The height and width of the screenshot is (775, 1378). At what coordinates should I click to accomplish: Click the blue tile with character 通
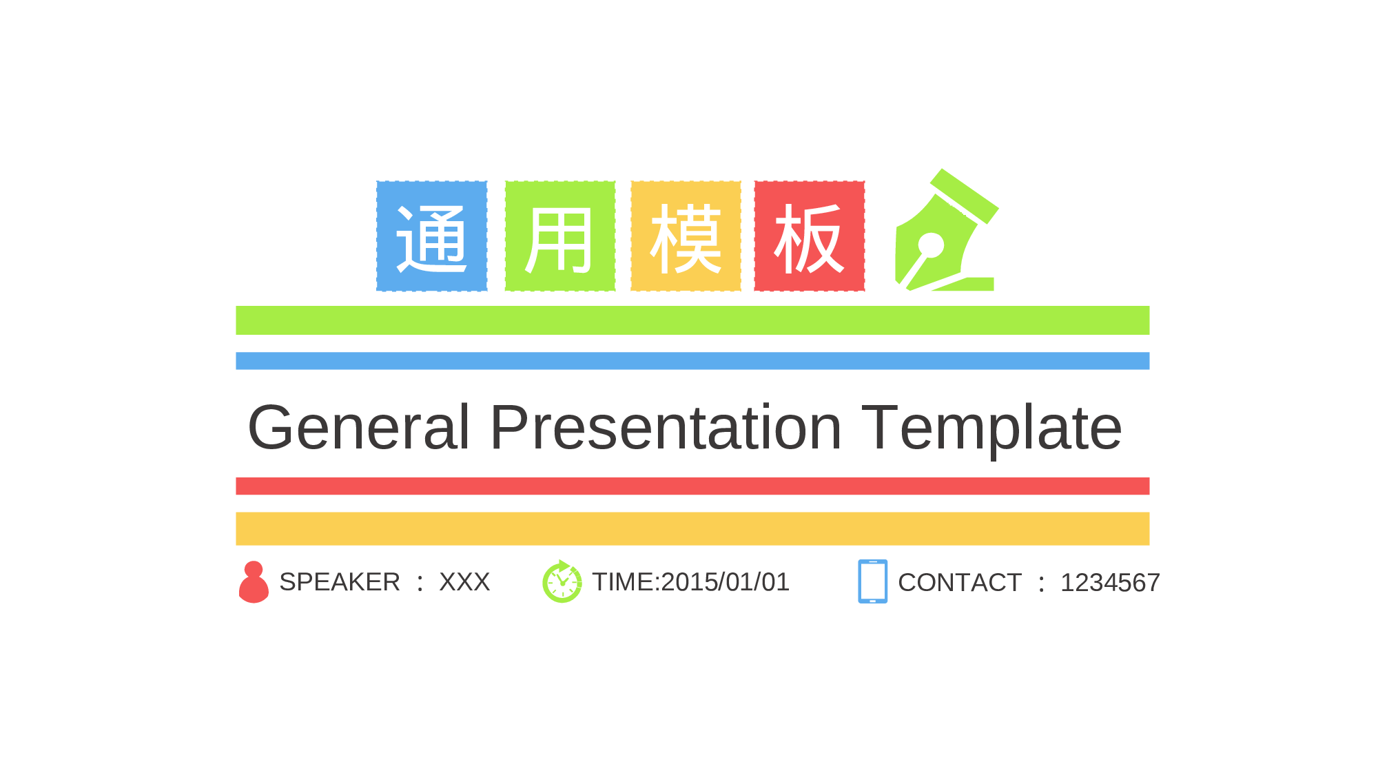[x=432, y=236]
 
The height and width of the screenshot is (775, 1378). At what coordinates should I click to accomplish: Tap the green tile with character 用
[x=560, y=236]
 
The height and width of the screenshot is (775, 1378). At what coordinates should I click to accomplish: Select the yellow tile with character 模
[x=686, y=236]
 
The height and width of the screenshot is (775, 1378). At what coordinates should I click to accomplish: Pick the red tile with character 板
[x=810, y=236]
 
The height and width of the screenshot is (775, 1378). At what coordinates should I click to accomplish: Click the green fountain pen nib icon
[x=947, y=231]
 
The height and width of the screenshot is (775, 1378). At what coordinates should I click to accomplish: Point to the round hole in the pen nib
[x=931, y=245]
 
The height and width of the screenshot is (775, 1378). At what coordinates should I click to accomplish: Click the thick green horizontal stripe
[x=692, y=320]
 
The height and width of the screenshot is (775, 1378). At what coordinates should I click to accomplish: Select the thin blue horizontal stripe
[x=692, y=361]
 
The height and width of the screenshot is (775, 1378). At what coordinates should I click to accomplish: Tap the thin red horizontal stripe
[x=692, y=486]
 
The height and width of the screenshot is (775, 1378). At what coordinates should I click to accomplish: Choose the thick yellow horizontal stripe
[x=692, y=528]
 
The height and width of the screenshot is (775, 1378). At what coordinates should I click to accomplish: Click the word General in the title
[x=358, y=428]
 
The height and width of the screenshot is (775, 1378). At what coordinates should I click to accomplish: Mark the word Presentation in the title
[x=666, y=428]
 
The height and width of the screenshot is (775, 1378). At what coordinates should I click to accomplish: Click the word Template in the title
[x=991, y=428]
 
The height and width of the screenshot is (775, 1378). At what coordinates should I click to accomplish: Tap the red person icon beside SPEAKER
[x=254, y=582]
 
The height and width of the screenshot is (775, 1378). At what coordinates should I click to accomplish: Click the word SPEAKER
[x=340, y=582]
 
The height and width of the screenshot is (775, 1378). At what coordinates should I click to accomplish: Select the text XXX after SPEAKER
[x=464, y=582]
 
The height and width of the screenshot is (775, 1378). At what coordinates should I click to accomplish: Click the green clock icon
[x=562, y=582]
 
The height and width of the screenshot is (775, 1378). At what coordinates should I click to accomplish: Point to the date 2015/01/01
[x=725, y=582]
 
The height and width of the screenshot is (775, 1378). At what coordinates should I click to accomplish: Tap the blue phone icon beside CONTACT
[x=872, y=581]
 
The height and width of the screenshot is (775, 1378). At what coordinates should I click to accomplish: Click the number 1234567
[x=1110, y=583]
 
